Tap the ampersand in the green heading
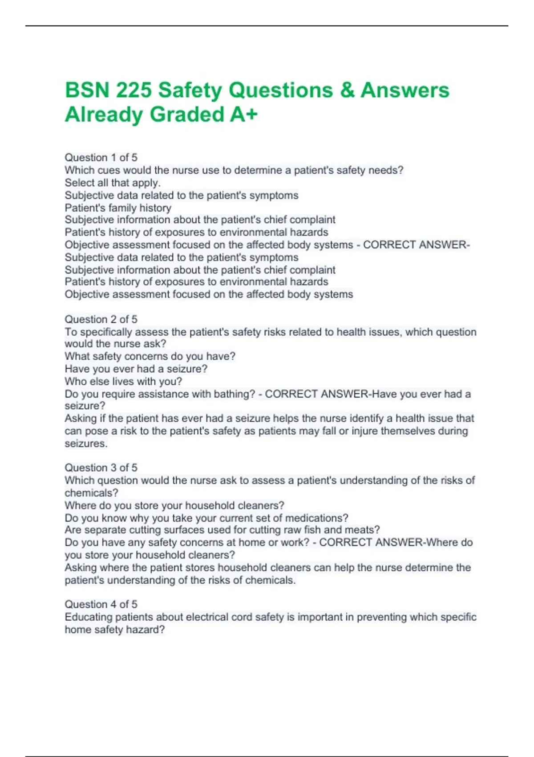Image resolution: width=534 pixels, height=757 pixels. pyautogui.click(x=347, y=90)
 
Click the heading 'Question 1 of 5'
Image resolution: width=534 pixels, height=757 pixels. pyautogui.click(x=101, y=158)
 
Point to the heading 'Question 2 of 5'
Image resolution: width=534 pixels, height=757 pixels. pyautogui.click(x=101, y=319)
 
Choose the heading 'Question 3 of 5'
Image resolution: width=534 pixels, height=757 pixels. pyautogui.click(x=101, y=468)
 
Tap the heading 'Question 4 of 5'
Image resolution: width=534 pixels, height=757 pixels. pyautogui.click(x=101, y=604)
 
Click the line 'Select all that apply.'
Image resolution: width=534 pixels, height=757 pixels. pyautogui.click(x=113, y=183)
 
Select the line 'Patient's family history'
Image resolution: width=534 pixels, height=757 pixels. pyautogui.click(x=118, y=208)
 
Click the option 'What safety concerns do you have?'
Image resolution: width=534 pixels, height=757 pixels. pyautogui.click(x=150, y=356)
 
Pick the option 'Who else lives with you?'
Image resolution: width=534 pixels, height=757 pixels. pyautogui.click(x=123, y=381)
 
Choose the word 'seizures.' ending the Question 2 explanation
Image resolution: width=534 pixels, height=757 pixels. pyautogui.click(x=86, y=444)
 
